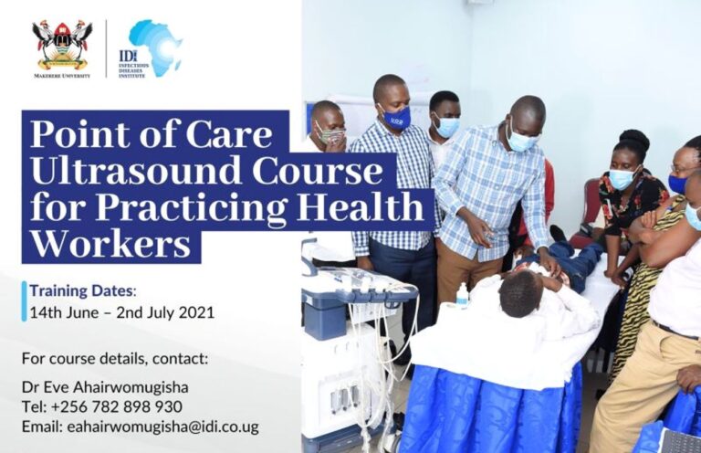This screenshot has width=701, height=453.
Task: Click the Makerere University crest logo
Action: (62, 45)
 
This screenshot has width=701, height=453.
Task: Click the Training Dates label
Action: (82, 290)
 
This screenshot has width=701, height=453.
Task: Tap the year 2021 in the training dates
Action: (197, 312)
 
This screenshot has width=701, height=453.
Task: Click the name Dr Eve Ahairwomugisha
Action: (105, 387)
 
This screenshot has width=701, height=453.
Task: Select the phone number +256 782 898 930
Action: (117, 406)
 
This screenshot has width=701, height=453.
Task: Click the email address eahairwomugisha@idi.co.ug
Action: (163, 427)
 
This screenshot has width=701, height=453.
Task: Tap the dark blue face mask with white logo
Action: (396, 118)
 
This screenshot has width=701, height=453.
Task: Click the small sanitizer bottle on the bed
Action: (462, 295)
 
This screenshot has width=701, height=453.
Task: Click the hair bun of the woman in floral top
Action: (635, 139)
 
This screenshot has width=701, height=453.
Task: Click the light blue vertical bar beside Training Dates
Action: (24, 301)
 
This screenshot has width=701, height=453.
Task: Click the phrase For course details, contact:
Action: (115, 359)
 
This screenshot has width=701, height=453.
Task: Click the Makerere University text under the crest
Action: (62, 76)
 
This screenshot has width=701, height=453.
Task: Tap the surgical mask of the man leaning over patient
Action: (523, 139)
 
